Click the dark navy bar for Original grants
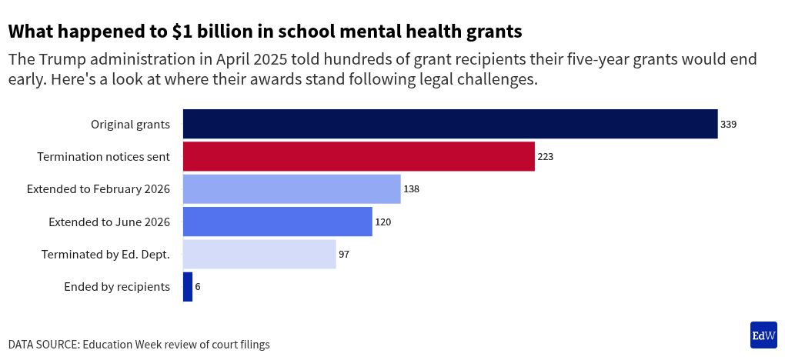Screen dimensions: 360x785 point(450,124)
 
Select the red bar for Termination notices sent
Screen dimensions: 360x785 point(359,156)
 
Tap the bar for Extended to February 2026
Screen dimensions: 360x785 point(292,188)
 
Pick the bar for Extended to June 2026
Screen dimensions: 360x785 point(277,222)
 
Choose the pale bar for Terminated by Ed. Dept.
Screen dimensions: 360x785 point(259,254)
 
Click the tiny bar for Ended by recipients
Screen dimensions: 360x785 point(188,286)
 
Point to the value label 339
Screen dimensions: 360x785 point(729,124)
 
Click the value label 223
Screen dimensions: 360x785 point(546,156)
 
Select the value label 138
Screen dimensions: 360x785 point(411,188)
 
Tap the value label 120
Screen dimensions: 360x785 point(383,222)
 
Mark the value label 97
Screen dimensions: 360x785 point(344,254)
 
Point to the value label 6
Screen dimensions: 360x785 point(198,286)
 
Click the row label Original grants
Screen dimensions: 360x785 point(130,124)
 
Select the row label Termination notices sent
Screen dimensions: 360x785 point(103,156)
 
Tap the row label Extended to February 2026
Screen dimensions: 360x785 point(98,188)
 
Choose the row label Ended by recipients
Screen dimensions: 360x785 point(117,286)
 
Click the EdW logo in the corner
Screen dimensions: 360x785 point(763,335)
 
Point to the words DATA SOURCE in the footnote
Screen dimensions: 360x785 point(42,345)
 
